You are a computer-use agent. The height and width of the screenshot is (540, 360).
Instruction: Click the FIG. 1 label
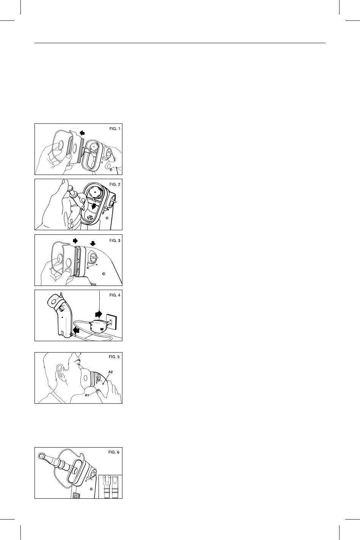(114, 129)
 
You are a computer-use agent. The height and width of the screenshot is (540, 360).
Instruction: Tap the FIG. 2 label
(114, 184)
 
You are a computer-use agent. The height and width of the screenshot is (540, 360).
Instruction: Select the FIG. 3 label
(114, 240)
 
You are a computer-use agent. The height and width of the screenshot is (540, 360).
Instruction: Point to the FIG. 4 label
(114, 295)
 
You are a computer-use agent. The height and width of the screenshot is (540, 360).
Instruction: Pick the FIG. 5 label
(114, 357)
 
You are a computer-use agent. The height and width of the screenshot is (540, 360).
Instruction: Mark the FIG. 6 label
(114, 452)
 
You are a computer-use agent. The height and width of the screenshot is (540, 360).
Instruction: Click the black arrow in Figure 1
(83, 132)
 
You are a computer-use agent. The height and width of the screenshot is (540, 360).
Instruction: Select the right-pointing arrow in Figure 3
(75, 240)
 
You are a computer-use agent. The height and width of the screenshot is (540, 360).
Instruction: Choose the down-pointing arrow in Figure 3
(93, 243)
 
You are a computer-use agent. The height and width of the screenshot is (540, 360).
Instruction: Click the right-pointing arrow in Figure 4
(99, 314)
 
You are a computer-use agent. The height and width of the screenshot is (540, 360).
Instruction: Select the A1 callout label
(87, 395)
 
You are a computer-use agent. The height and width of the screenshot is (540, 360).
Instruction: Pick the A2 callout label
(110, 372)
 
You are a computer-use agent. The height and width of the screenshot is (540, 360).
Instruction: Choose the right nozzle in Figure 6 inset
(115, 487)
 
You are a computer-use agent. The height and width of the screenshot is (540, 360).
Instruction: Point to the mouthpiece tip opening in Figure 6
(42, 456)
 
